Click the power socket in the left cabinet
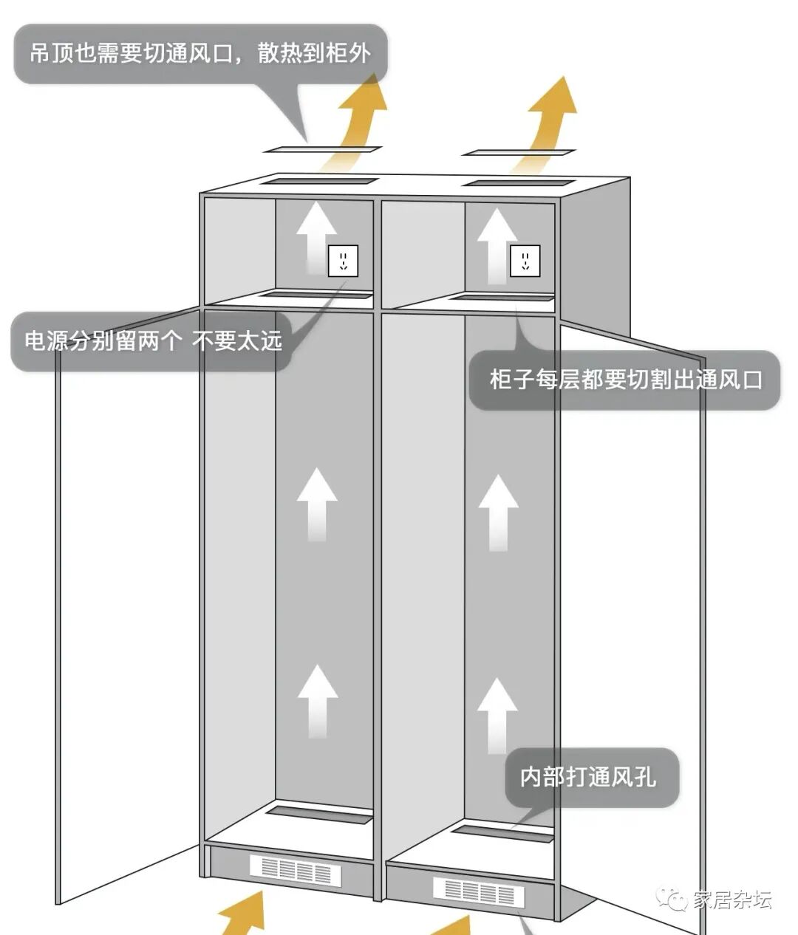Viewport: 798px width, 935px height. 343,261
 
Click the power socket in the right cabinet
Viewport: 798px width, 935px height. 525,261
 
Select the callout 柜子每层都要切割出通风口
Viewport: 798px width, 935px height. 625,380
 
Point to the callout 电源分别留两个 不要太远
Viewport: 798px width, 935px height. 153,341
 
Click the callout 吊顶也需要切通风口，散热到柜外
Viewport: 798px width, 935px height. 200,53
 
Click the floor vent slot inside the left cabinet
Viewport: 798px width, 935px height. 319,814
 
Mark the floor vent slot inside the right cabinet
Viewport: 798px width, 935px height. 502,833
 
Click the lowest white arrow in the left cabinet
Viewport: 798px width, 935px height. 318,700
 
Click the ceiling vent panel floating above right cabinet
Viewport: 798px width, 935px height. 519,153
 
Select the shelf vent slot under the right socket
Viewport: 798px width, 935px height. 502,298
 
